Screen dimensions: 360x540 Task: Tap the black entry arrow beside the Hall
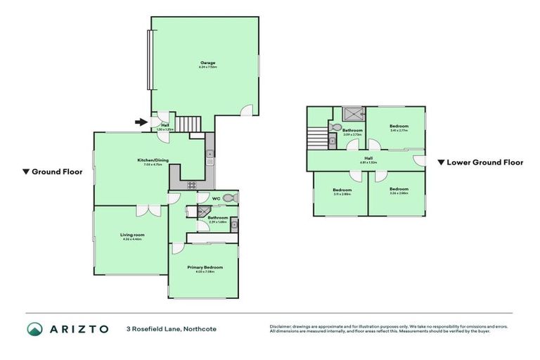click(141, 122)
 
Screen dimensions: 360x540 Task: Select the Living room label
click(132, 236)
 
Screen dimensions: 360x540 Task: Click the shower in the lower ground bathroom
click(353, 113)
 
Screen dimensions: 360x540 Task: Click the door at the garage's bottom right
click(243, 110)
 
